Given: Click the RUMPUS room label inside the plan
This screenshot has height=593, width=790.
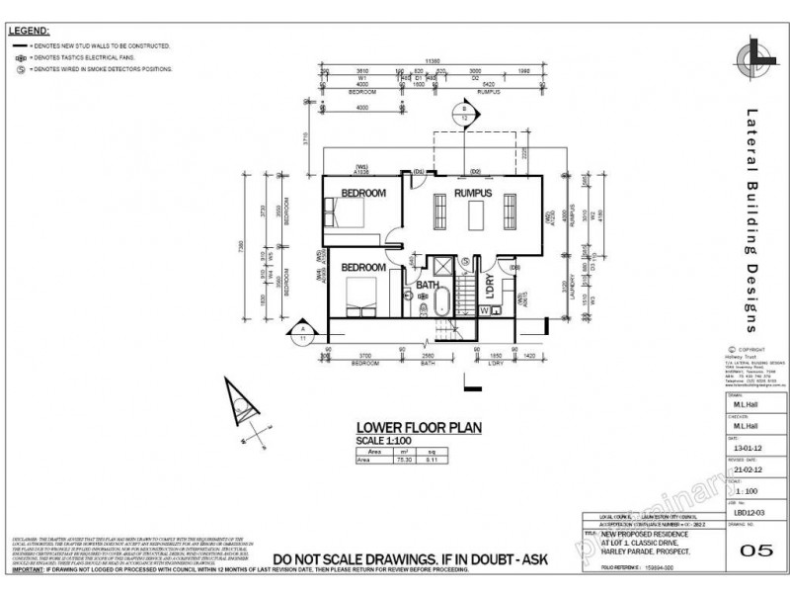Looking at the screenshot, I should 472,193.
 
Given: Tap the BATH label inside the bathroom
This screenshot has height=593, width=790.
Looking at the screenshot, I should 428,286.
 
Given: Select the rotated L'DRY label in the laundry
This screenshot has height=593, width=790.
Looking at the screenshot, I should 490,287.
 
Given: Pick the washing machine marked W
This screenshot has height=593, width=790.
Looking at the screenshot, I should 485,310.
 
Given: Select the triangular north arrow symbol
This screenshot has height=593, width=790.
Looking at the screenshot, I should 239,406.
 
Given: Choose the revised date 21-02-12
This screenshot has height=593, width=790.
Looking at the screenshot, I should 746,470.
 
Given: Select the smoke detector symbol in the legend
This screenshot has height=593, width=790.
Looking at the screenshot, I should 20,70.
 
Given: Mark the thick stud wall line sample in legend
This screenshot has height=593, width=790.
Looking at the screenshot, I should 19,46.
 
